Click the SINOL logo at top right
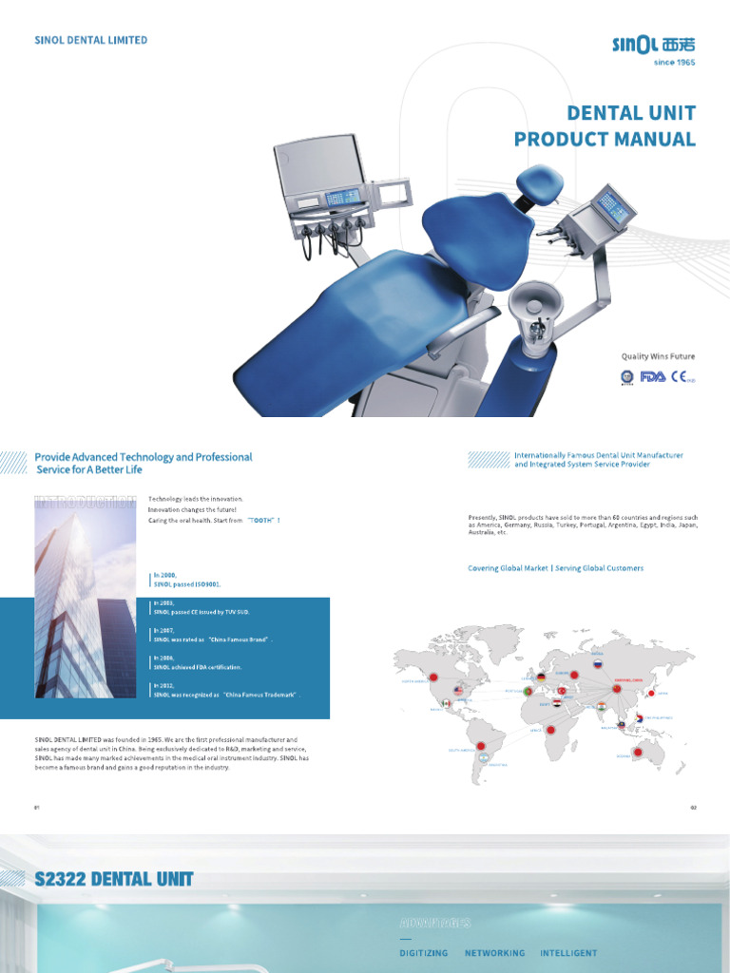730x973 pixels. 654,43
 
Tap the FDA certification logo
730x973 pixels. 653,376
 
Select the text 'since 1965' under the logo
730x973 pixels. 675,62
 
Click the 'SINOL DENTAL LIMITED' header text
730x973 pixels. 90,40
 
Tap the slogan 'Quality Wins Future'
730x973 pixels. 658,356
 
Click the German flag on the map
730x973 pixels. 542,677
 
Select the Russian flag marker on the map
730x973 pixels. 598,665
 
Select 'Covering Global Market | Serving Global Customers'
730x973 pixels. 555,568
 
